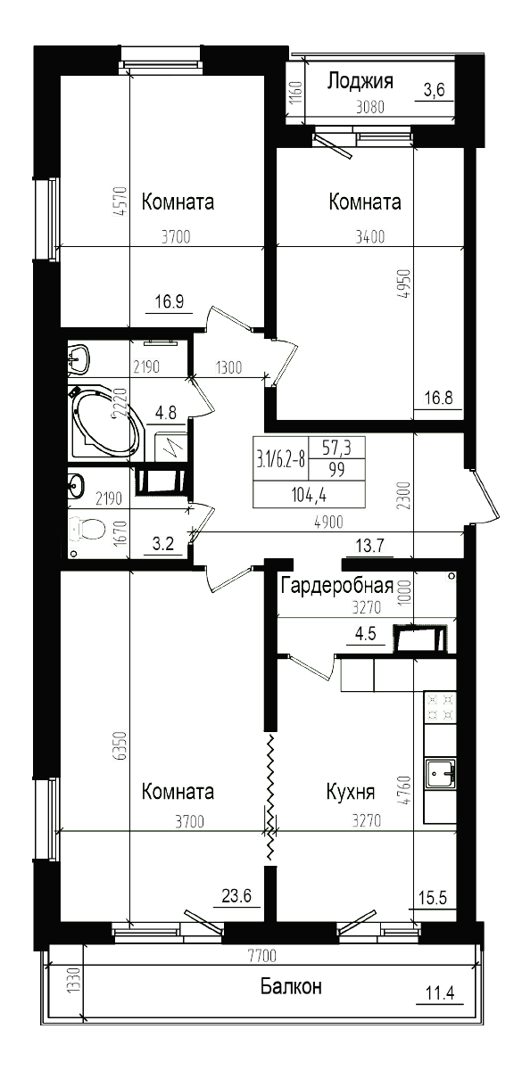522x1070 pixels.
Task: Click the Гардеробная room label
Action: pyautogui.click(x=337, y=586)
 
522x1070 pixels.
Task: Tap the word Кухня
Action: pyautogui.click(x=350, y=792)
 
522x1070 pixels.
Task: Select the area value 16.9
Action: pyautogui.click(x=169, y=301)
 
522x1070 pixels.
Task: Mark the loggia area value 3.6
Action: pyautogui.click(x=434, y=89)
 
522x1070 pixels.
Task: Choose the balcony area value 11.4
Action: pyautogui.click(x=437, y=992)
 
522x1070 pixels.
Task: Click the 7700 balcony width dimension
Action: pyautogui.click(x=262, y=956)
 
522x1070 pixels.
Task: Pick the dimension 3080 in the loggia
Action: pyautogui.click(x=369, y=108)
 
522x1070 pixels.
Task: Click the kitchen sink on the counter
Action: pyautogui.click(x=441, y=774)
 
